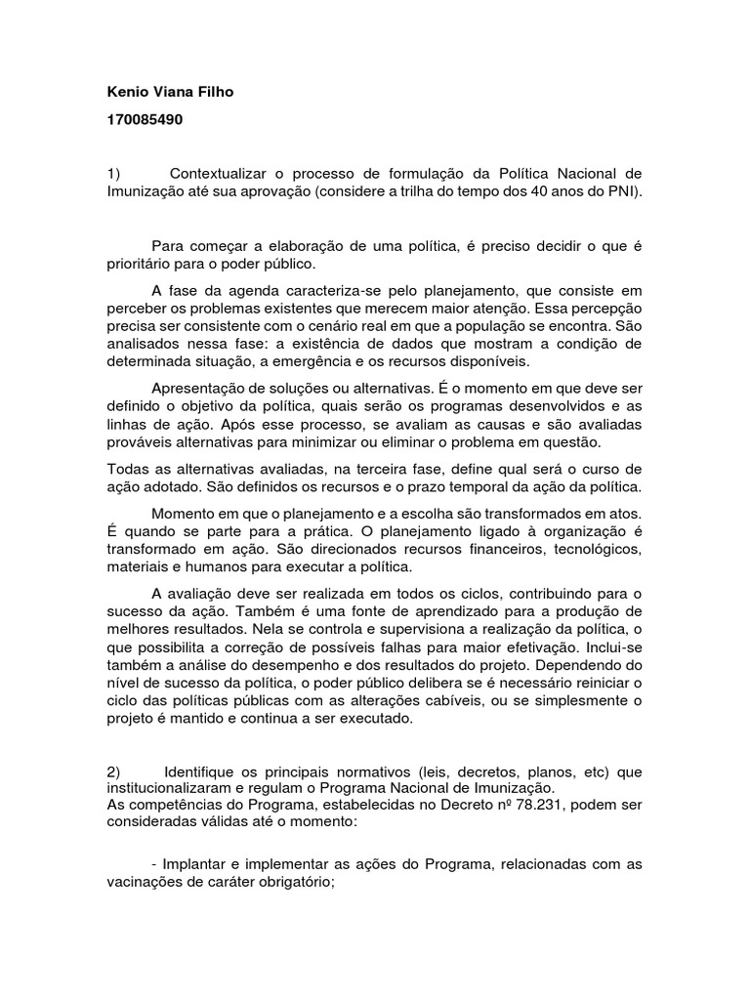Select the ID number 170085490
pyautogui.click(x=145, y=121)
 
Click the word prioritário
pyautogui.click(x=146, y=264)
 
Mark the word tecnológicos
pyautogui.click(x=595, y=549)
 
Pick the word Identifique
pyautogui.click(x=204, y=771)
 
